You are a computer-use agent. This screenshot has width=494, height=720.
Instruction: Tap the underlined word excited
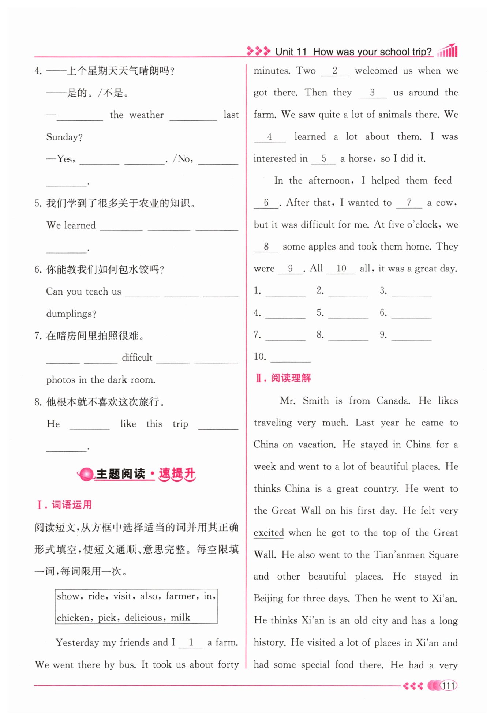click(269, 533)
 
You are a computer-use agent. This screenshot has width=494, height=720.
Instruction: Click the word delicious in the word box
click(143, 618)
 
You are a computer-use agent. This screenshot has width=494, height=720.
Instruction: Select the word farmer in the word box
click(180, 596)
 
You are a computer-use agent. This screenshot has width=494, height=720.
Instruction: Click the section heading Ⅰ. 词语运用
click(64, 505)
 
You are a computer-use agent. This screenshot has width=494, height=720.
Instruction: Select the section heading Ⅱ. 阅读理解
click(283, 378)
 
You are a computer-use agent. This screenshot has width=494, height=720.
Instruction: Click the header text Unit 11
click(291, 52)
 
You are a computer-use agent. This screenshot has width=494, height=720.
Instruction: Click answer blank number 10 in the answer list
click(291, 357)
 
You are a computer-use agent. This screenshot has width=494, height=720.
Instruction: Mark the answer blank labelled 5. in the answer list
click(348, 314)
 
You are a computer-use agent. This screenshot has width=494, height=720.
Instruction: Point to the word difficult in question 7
click(137, 357)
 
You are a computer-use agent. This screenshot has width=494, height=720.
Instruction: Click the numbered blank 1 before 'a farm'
click(191, 642)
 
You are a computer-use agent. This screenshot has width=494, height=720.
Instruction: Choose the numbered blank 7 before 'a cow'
click(409, 203)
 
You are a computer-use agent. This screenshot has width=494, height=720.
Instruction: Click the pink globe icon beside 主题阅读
click(86, 474)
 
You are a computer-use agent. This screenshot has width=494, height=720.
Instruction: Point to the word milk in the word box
click(180, 618)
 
